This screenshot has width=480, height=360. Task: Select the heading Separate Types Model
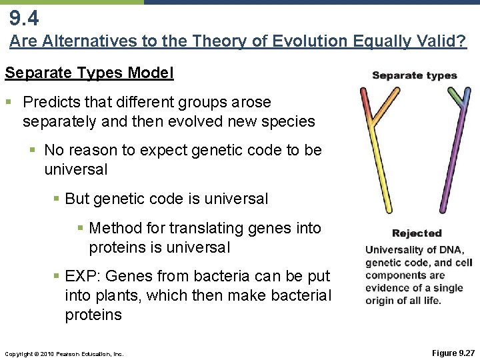[x=89, y=73]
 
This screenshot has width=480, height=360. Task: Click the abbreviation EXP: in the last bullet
[x=85, y=276]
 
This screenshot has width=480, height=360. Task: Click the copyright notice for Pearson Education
[x=63, y=353]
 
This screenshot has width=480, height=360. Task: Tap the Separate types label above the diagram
[x=414, y=75]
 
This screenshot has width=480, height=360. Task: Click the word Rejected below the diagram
[x=417, y=233]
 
